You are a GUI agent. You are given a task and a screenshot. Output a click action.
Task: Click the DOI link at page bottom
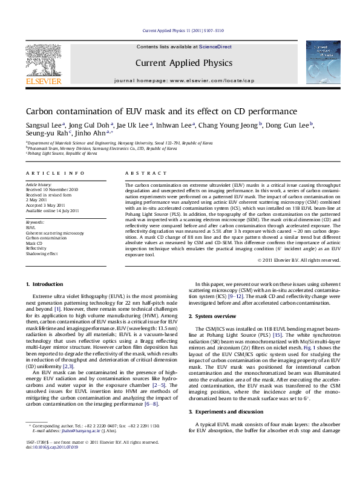tap(49, 448)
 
